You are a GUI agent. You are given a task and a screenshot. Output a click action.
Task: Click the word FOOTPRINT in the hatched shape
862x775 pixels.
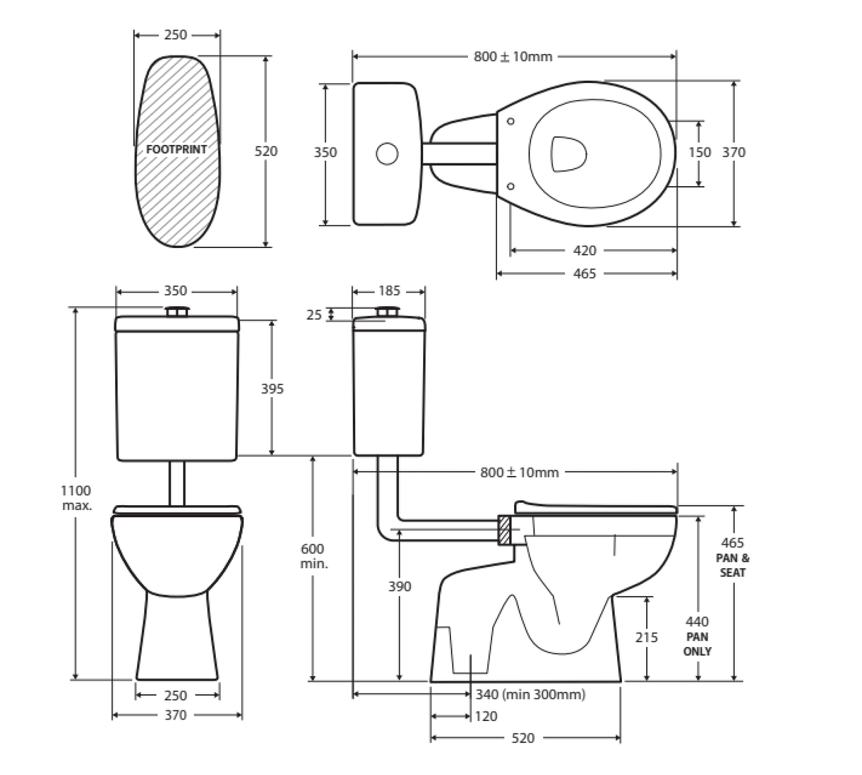[176, 149]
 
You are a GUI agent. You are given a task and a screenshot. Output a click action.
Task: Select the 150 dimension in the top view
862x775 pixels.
[699, 152]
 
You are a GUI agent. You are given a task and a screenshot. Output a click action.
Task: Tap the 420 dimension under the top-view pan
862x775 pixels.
[584, 251]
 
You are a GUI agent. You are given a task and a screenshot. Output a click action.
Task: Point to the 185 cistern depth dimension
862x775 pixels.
[389, 291]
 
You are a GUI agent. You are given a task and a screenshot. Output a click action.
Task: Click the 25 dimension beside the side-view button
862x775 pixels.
[315, 314]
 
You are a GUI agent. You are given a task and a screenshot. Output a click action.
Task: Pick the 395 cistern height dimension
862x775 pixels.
[272, 389]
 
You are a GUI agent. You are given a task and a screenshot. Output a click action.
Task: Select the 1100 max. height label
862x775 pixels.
[75, 497]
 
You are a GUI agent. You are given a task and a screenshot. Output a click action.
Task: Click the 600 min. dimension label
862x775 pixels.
[312, 555]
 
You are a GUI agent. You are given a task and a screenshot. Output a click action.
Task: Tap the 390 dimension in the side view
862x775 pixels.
[400, 586]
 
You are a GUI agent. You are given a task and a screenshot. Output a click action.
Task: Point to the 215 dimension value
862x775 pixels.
[646, 637]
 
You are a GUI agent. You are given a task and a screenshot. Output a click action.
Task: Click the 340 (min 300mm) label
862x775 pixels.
[530, 694]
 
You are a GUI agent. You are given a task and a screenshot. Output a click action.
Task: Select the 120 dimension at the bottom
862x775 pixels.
[486, 716]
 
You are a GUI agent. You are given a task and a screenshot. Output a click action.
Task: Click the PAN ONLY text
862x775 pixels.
[697, 644]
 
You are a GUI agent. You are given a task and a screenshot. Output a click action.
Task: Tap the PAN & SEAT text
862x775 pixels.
[732, 565]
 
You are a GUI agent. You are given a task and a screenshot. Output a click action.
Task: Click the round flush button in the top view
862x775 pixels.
[387, 153]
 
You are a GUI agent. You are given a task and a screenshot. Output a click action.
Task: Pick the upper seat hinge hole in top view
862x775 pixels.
[511, 121]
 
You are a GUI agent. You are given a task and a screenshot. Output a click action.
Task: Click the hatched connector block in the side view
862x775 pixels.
[503, 531]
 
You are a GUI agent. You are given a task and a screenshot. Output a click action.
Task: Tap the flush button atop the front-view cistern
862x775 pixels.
[178, 312]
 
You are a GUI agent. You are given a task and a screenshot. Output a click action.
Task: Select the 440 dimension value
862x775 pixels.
[697, 622]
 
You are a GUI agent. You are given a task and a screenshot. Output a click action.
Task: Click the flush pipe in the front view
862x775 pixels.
[178, 484]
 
